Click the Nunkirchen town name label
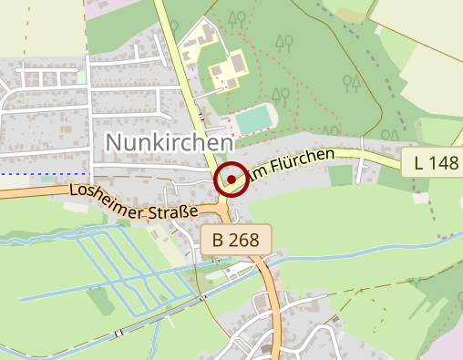coord(170,141)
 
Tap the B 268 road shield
coord(236,241)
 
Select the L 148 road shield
coord(431,164)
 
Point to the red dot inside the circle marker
coord(231,180)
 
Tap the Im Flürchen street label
coord(291,165)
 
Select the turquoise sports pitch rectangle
coord(256,119)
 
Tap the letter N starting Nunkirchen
coord(115,141)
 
